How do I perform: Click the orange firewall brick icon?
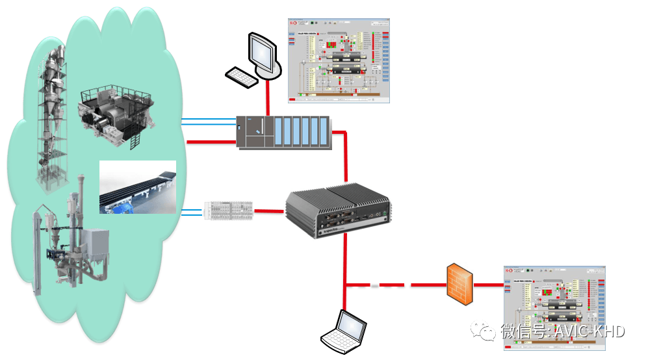459,284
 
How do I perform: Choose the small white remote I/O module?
227,209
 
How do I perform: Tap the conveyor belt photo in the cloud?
137,188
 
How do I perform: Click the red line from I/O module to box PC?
269,210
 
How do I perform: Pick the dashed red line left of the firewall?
396,285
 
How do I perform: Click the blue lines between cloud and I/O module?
194,211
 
